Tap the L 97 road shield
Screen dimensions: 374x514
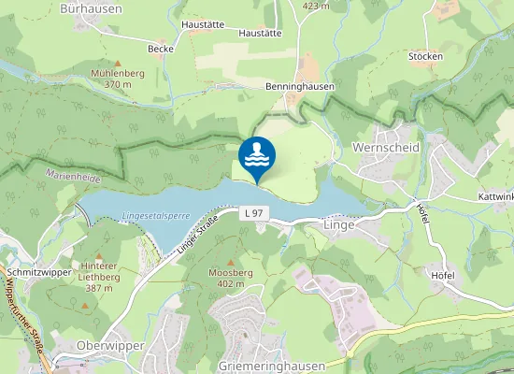click(252, 214)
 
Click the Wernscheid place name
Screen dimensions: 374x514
click(386, 148)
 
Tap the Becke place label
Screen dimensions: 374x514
click(161, 49)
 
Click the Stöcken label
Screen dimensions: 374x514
click(425, 56)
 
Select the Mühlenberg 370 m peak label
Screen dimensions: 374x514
click(117, 78)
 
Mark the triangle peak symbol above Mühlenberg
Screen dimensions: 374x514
click(117, 62)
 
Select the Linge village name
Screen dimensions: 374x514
click(339, 225)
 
